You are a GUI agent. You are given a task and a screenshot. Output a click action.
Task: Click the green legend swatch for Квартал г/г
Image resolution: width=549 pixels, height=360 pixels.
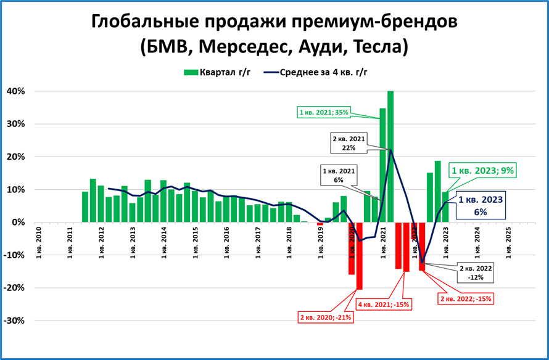pyautogui.click(x=191, y=72)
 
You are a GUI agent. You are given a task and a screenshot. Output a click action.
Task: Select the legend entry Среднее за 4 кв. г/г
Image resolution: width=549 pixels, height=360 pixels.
pyautogui.click(x=323, y=72)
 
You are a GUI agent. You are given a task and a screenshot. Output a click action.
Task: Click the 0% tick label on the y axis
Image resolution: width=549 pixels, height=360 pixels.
pyautogui.click(x=18, y=223)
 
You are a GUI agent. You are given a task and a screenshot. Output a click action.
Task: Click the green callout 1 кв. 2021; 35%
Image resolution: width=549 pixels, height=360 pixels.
pyautogui.click(x=324, y=112)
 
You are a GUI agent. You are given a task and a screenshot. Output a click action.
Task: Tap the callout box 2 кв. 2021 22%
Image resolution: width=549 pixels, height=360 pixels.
pyautogui.click(x=349, y=144)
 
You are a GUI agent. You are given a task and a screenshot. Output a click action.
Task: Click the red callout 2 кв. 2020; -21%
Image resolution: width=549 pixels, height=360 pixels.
pyautogui.click(x=325, y=317)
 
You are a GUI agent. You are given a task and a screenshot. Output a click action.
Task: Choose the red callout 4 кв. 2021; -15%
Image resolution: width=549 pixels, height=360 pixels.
pyautogui.click(x=384, y=304)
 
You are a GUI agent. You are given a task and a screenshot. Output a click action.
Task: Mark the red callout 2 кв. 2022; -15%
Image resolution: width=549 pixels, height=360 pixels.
pyautogui.click(x=465, y=298)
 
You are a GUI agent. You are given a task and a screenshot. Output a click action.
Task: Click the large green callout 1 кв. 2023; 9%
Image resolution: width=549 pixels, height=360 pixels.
pyautogui.click(x=482, y=171)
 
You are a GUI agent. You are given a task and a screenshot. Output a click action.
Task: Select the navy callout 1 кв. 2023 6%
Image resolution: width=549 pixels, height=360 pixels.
pyautogui.click(x=481, y=205)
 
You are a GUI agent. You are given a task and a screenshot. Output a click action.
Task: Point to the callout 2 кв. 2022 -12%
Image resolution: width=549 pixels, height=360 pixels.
pyautogui.click(x=475, y=272)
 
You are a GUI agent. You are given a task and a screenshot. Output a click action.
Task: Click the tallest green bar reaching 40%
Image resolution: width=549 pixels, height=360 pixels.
pyautogui.click(x=390, y=157)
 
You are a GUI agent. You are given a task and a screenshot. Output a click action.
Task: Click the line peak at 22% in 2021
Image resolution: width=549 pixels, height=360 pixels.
pyautogui.click(x=390, y=150)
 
